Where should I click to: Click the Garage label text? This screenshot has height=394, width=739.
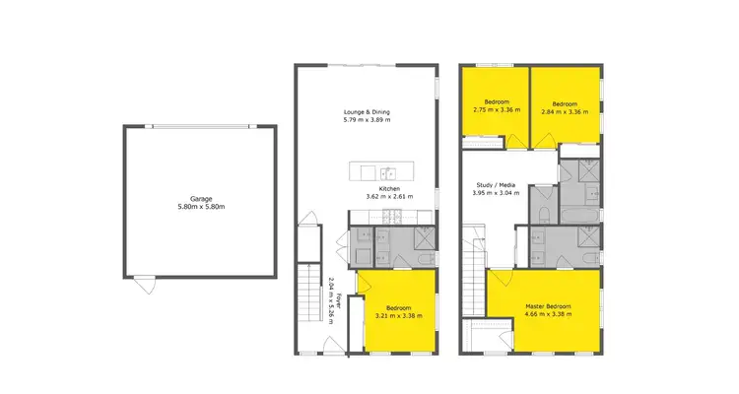[x=187, y=199]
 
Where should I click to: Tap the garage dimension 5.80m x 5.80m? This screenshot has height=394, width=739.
[x=187, y=207]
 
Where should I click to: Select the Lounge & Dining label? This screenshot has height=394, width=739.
[x=367, y=111]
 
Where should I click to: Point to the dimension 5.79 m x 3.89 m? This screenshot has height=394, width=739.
[x=367, y=120]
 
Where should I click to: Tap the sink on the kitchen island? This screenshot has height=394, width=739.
[x=388, y=172]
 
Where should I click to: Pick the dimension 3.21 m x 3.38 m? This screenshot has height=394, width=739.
[x=399, y=315]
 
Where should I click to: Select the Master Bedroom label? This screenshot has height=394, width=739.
[x=548, y=307]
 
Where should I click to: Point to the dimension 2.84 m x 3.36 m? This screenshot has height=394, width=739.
[x=564, y=111]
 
